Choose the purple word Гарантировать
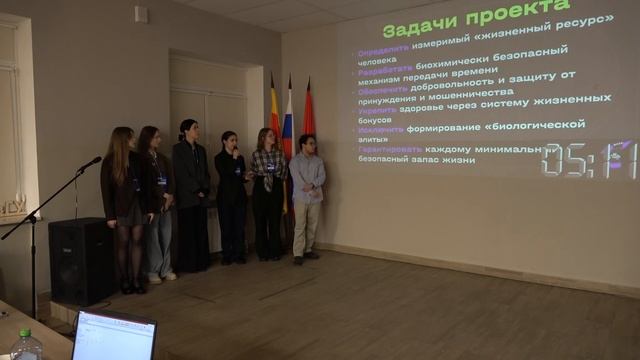pyautogui.click(x=391, y=150)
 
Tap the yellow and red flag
pyautogui.click(x=273, y=115)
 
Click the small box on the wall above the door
pyautogui.click(x=141, y=15)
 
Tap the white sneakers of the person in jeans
pyautogui.click(x=162, y=276)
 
